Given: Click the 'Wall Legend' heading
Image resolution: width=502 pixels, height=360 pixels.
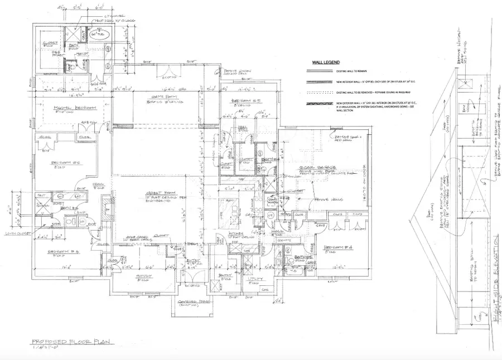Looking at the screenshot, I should coord(325,63).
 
